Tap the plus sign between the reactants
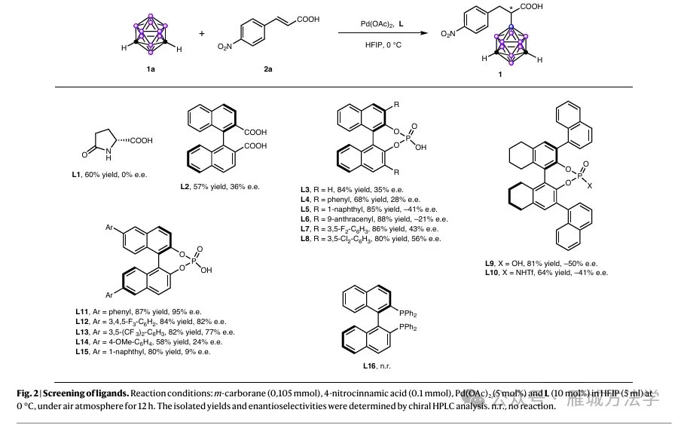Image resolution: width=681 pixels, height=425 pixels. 202,34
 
